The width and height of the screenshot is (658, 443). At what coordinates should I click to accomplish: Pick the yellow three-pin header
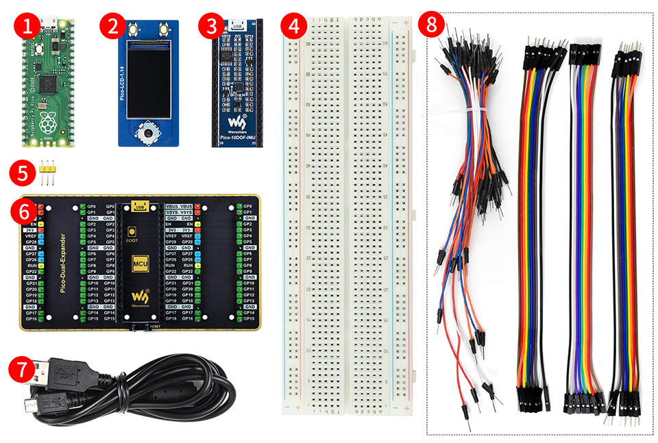pyautogui.click(x=47, y=173)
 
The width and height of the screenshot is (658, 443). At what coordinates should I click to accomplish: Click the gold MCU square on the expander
pyautogui.click(x=140, y=262)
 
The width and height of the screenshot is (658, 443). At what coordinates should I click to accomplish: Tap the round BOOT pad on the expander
pyautogui.click(x=141, y=230)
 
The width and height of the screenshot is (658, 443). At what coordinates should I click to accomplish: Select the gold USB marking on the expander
pyautogui.click(x=140, y=206)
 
